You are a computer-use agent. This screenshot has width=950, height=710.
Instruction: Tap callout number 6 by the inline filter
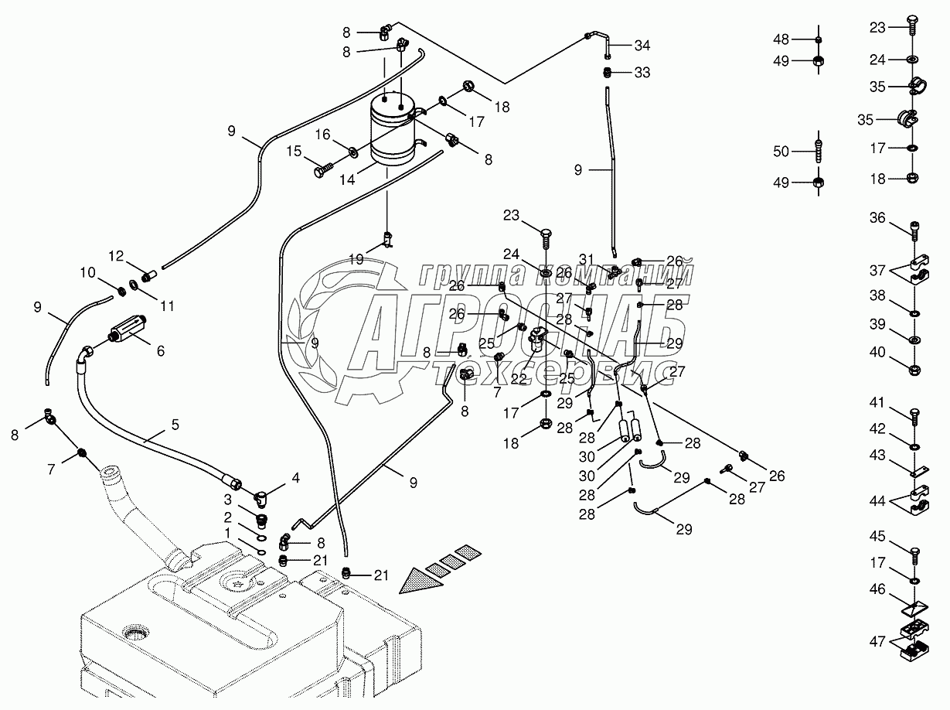tap(160, 350)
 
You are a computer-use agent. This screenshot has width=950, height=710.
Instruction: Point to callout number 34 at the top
tap(643, 45)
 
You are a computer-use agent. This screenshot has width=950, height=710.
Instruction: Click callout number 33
tap(643, 73)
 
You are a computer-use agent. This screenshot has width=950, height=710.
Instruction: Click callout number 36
tap(876, 219)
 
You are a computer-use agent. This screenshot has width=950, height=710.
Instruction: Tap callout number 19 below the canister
tap(356, 259)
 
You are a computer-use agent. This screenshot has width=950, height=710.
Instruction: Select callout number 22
tap(518, 379)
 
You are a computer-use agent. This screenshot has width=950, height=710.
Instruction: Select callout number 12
tap(116, 255)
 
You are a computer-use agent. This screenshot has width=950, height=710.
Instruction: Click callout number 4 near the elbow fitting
tap(296, 476)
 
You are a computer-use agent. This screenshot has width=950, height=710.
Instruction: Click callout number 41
tap(876, 402)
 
